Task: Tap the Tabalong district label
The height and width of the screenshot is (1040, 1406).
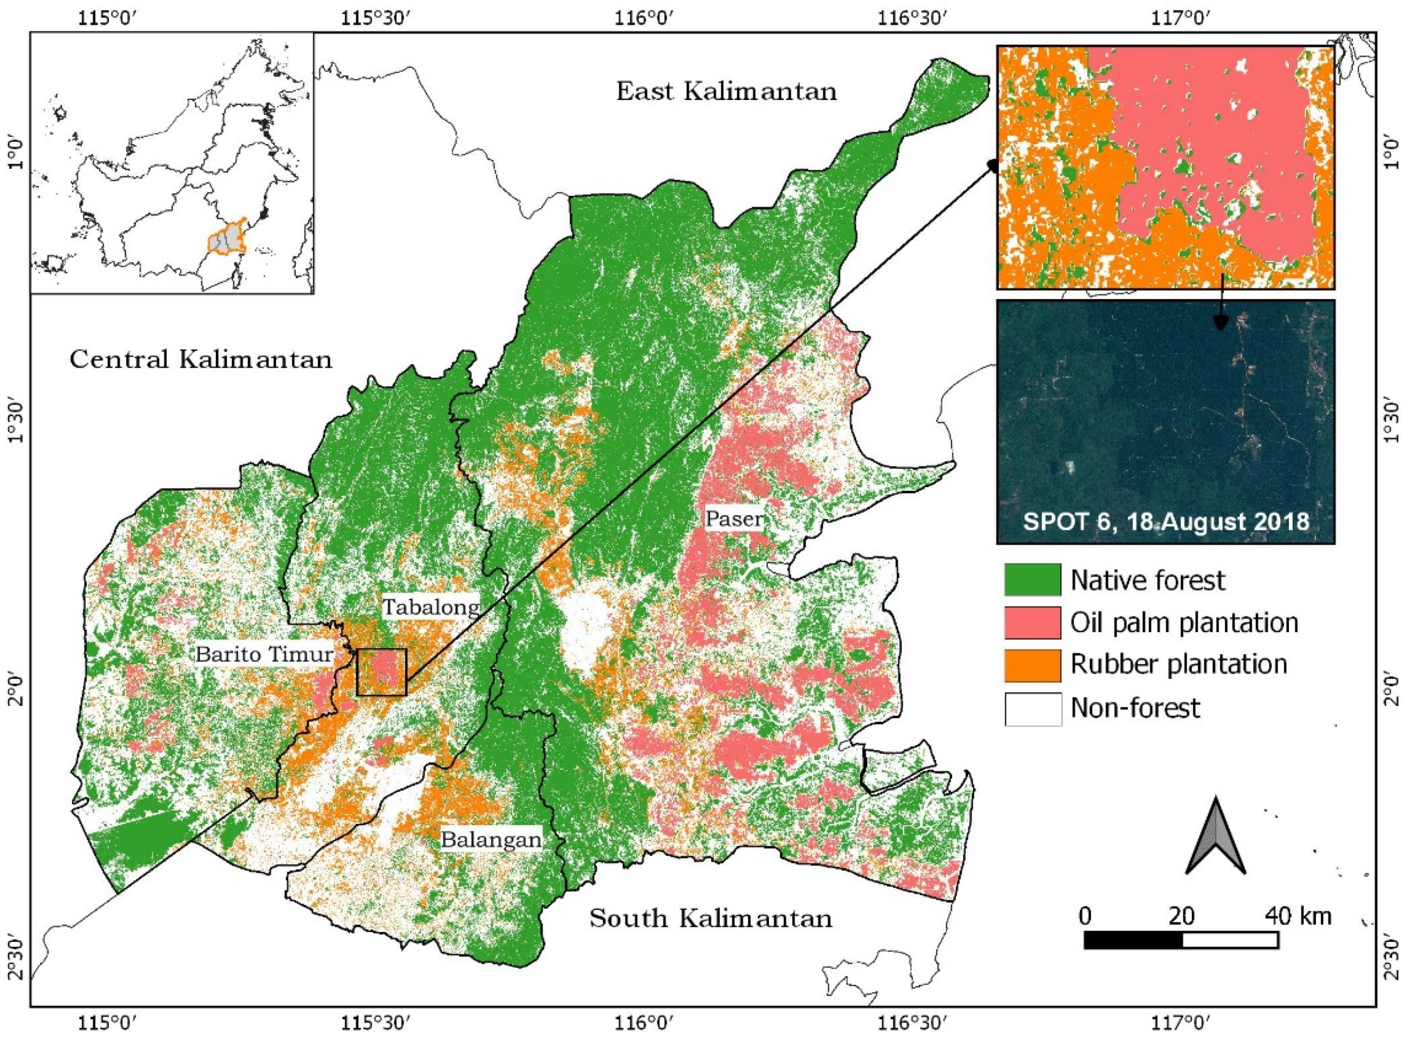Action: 432,607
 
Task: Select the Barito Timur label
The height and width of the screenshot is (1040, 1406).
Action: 264,654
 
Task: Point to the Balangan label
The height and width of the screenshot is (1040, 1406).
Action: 490,839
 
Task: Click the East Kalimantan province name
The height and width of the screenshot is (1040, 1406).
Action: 726,92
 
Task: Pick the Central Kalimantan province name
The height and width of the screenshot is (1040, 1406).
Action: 201,360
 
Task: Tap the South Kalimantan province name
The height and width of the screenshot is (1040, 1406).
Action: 711,919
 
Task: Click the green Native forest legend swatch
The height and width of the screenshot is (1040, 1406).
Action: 1032,580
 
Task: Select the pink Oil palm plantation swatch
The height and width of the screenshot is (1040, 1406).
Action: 1032,623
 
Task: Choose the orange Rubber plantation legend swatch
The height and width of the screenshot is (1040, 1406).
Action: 1032,665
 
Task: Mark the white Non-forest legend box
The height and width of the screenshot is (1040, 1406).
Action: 1032,708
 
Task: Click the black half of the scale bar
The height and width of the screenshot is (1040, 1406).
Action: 1133,940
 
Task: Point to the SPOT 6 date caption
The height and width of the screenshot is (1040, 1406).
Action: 1166,521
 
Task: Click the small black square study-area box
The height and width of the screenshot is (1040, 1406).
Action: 381,672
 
